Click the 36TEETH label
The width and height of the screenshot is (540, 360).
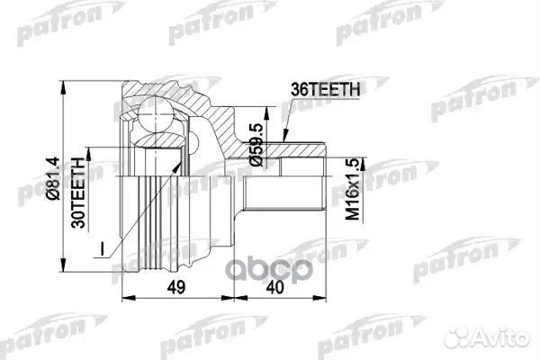pos(326,90)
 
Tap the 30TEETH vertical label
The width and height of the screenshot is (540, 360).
pos(78,193)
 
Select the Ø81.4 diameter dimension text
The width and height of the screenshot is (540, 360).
pos(53,179)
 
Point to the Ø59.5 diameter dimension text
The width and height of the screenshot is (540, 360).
pos(256,145)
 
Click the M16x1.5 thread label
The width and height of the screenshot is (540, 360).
pos(353,189)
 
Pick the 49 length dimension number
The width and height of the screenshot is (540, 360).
pos(176,287)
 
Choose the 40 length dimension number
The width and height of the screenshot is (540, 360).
pos(274,287)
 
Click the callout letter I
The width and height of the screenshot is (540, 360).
pos(102,248)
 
